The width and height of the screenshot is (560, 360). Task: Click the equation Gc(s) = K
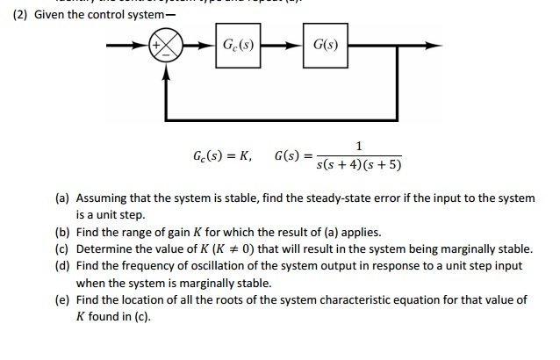222,156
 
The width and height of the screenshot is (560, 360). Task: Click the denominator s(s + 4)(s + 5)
360,166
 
